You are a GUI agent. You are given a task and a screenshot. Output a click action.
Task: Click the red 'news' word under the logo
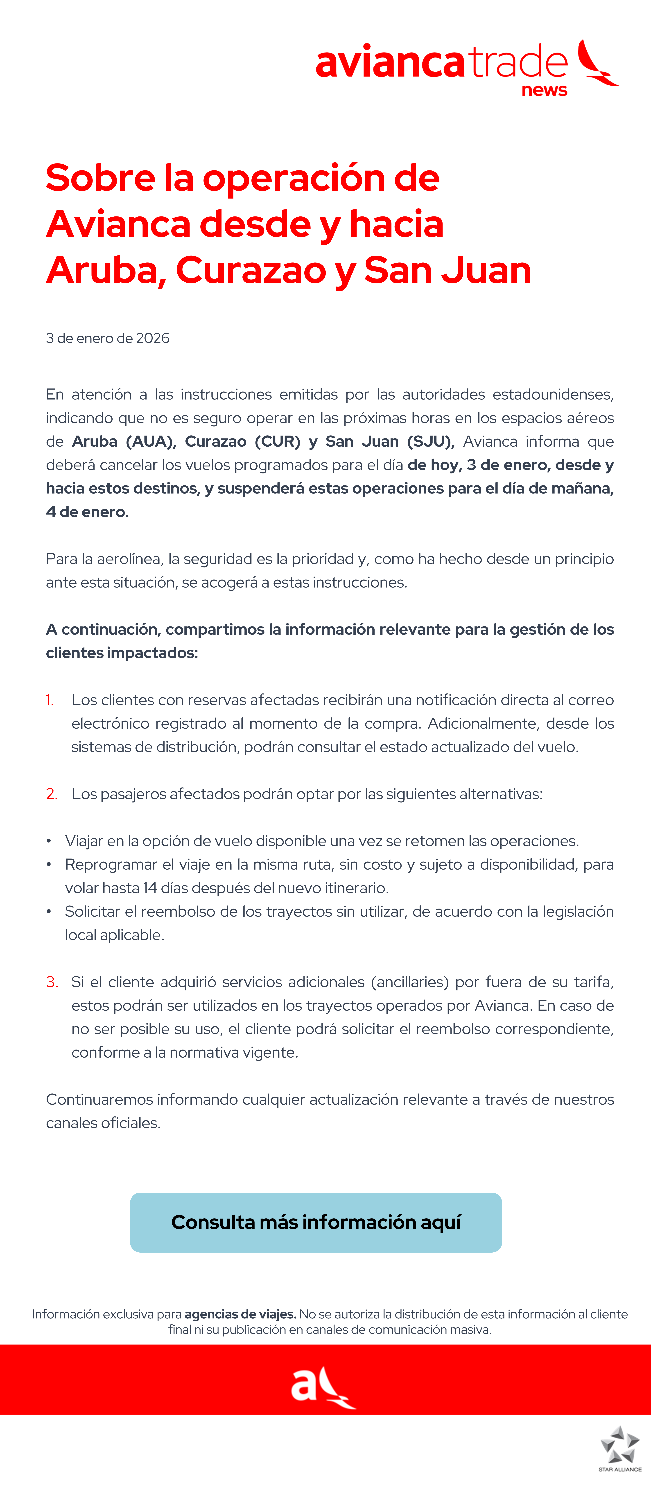tap(544, 91)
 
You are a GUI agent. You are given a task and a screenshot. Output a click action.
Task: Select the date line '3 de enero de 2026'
tap(107, 338)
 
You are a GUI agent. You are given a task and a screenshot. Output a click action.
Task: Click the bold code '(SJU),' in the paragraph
tap(431, 442)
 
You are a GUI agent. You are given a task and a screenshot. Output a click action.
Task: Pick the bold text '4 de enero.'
tap(87, 512)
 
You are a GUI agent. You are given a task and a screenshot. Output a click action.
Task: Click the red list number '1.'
tap(50, 700)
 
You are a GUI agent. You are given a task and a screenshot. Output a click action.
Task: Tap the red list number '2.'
tap(52, 794)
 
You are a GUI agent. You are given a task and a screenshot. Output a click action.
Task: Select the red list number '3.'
tap(52, 982)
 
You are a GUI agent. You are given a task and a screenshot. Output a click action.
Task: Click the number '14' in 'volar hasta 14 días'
tap(150, 888)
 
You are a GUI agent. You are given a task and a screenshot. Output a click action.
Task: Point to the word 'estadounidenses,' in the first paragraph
tap(553, 395)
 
